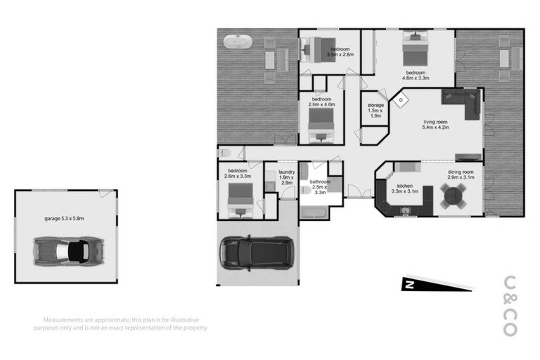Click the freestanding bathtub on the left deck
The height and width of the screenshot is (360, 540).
point(238,42)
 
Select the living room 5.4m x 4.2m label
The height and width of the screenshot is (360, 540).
point(435,125)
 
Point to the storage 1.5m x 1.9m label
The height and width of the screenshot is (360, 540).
point(375,110)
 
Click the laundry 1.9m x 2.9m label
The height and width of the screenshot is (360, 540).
point(286,176)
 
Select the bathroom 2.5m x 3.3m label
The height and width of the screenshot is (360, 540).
point(320,186)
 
